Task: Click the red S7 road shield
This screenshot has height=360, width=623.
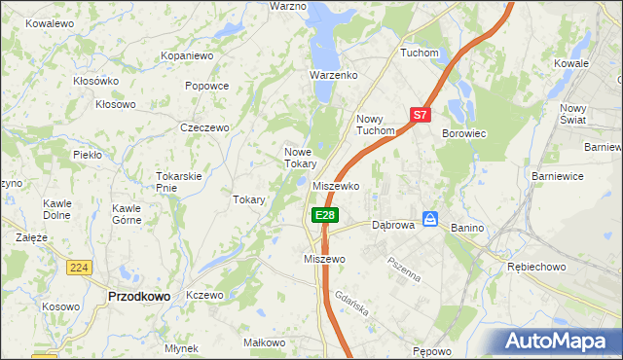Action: pos(420,115)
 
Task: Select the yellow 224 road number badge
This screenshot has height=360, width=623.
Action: pos(81,268)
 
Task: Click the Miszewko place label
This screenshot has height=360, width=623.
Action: pos(337,186)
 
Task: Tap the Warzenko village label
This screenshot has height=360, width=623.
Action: pos(334,75)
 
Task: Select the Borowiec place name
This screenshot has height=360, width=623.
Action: pos(464,132)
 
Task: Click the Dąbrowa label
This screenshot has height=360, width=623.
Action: pos(394,225)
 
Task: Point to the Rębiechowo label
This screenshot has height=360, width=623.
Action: pos(536,266)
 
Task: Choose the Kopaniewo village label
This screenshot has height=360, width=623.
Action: pos(187,56)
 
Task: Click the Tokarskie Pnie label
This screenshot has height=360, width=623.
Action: pos(178,181)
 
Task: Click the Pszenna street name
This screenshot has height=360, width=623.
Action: pos(404,268)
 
